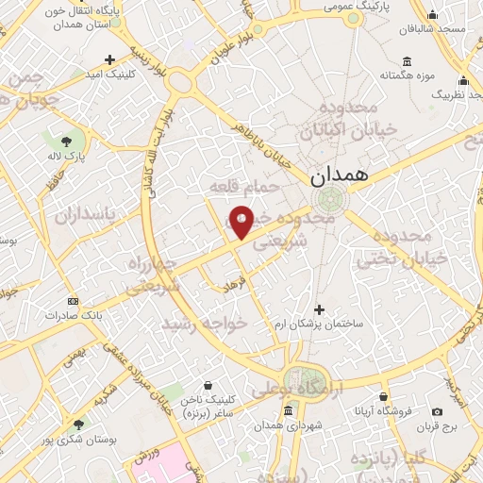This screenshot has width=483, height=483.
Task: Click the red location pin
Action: (x=242, y=222)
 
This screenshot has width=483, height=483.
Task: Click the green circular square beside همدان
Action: (x=331, y=199)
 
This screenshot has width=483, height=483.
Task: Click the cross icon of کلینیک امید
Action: (x=110, y=58)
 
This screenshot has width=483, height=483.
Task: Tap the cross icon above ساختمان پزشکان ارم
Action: (x=319, y=308)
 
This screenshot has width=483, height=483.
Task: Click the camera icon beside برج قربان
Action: (x=437, y=411)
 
